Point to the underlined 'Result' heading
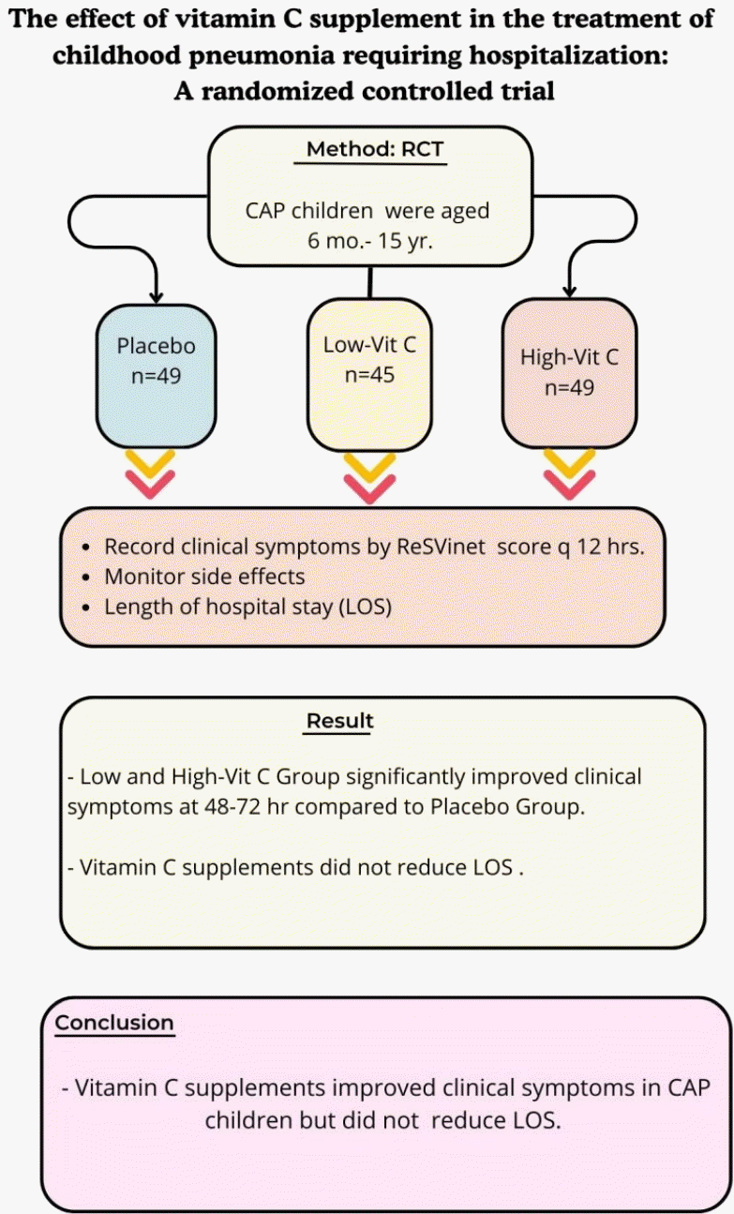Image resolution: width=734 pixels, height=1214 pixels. coord(339,721)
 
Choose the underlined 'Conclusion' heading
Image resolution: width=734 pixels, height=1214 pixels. coord(114,1022)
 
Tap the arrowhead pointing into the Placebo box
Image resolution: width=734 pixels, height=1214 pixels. coord(157,294)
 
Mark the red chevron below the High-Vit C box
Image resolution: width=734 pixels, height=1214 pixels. coord(569,485)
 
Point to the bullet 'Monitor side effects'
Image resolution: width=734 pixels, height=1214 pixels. coord(203,577)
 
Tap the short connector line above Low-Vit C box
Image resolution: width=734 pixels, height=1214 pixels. coord(370,282)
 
